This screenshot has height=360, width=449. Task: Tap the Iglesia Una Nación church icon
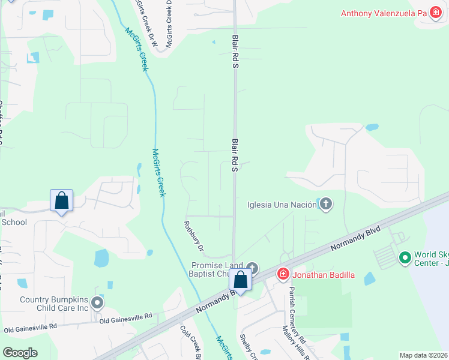click(x=325, y=204)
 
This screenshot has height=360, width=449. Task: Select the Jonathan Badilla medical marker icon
click(x=283, y=274)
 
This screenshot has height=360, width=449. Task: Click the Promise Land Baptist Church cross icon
click(x=252, y=268)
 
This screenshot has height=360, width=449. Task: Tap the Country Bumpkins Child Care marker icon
click(x=97, y=304)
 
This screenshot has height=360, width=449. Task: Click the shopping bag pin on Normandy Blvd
click(x=241, y=280)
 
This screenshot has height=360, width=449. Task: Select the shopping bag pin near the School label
click(x=62, y=200)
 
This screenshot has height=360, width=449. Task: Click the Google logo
click(x=20, y=353)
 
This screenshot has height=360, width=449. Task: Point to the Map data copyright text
click(x=423, y=355)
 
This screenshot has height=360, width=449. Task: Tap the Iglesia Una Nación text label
click(x=282, y=204)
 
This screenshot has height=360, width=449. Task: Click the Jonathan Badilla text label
click(x=324, y=275)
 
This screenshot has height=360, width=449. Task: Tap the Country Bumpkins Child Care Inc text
click(x=54, y=304)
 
